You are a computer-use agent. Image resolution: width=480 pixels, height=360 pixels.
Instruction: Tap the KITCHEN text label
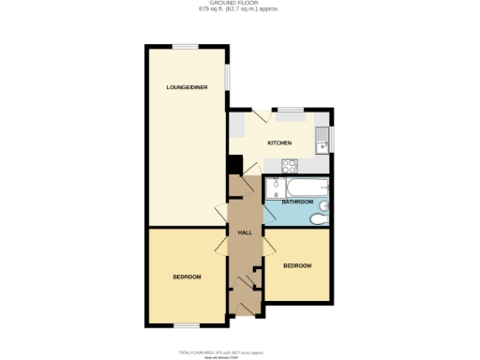pyautogui.click(x=279, y=142)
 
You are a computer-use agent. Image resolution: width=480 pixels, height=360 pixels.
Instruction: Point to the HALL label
pyautogui.click(x=245, y=232)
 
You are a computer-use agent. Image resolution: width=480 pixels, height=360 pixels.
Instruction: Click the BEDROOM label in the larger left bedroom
pyautogui.click(x=187, y=277)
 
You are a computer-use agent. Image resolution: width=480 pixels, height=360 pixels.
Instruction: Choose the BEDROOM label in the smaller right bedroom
pyautogui.click(x=297, y=265)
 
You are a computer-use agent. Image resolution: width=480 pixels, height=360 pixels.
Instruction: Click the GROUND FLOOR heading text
pyautogui.click(x=240, y=4)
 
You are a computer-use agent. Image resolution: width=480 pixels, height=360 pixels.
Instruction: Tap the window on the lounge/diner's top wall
pyautogui.click(x=184, y=45)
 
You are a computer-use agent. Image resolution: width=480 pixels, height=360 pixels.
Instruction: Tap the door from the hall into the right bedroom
pyautogui.click(x=269, y=249)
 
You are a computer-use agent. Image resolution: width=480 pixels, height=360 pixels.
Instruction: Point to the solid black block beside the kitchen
pyautogui.click(x=235, y=165)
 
